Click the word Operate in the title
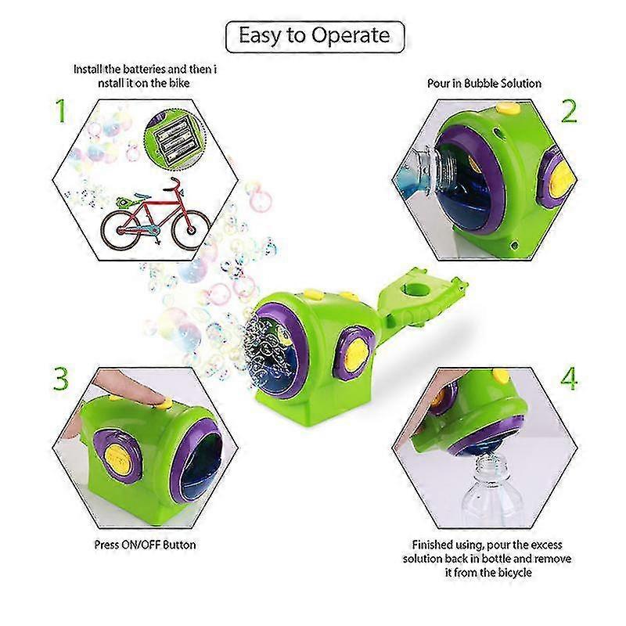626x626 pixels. pos(351,36)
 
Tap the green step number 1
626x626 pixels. pos(60,110)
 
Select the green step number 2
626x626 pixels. pos(569,111)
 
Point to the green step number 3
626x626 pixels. pos(61,379)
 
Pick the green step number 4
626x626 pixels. pos(569,379)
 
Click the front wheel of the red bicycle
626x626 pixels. pos(191,229)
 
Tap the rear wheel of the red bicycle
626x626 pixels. pos(120,231)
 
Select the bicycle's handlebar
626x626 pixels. pos(174,185)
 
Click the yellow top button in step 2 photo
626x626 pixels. pos(508,108)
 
